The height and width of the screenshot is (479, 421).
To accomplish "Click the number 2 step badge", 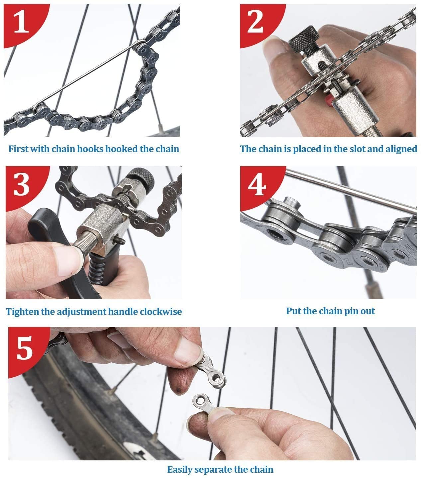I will [x=255, y=21].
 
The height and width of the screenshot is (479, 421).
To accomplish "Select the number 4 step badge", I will [x=256, y=184].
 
